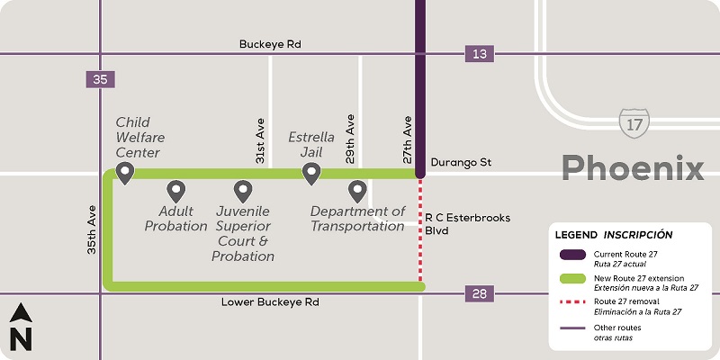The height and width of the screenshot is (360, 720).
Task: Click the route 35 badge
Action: click(x=99, y=79)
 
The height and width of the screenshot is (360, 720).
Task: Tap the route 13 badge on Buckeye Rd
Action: click(x=480, y=54)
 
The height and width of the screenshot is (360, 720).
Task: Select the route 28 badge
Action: click(x=480, y=293)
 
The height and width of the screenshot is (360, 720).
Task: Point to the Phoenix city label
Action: click(x=633, y=167)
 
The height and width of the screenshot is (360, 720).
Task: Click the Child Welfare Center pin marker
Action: click(x=125, y=172)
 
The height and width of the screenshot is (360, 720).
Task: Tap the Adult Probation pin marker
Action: click(x=176, y=191)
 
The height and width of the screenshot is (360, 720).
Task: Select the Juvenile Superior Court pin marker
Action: click(x=242, y=191)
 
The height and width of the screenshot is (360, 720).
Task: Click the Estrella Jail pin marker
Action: click(x=311, y=172)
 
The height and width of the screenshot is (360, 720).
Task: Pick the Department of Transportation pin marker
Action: click(x=357, y=191)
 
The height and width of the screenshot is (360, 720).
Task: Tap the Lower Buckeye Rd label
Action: click(x=270, y=302)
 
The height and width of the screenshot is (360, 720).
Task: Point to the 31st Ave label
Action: click(x=259, y=143)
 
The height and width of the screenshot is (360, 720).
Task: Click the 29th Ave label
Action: click(x=351, y=136)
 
